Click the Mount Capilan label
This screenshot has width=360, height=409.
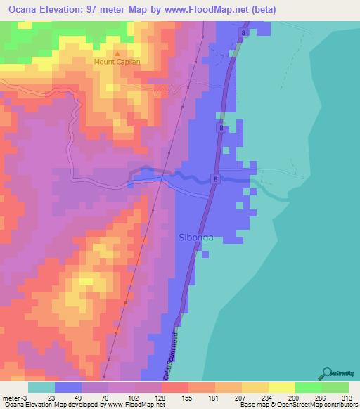pos(117,62)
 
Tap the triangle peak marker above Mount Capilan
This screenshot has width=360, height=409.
pos(117,53)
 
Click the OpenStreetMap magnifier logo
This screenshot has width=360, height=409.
pos(328,372)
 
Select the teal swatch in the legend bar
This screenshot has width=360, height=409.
pos(41,387)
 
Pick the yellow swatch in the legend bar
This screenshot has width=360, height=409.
pos(281,387)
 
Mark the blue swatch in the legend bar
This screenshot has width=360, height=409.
pos(68,387)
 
